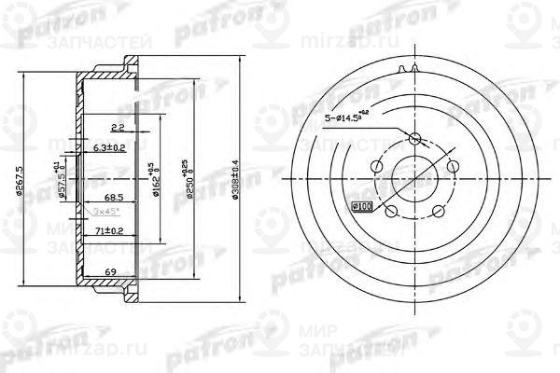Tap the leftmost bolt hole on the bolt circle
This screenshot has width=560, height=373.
click(375, 167)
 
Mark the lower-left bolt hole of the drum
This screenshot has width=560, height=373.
click(389, 211)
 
